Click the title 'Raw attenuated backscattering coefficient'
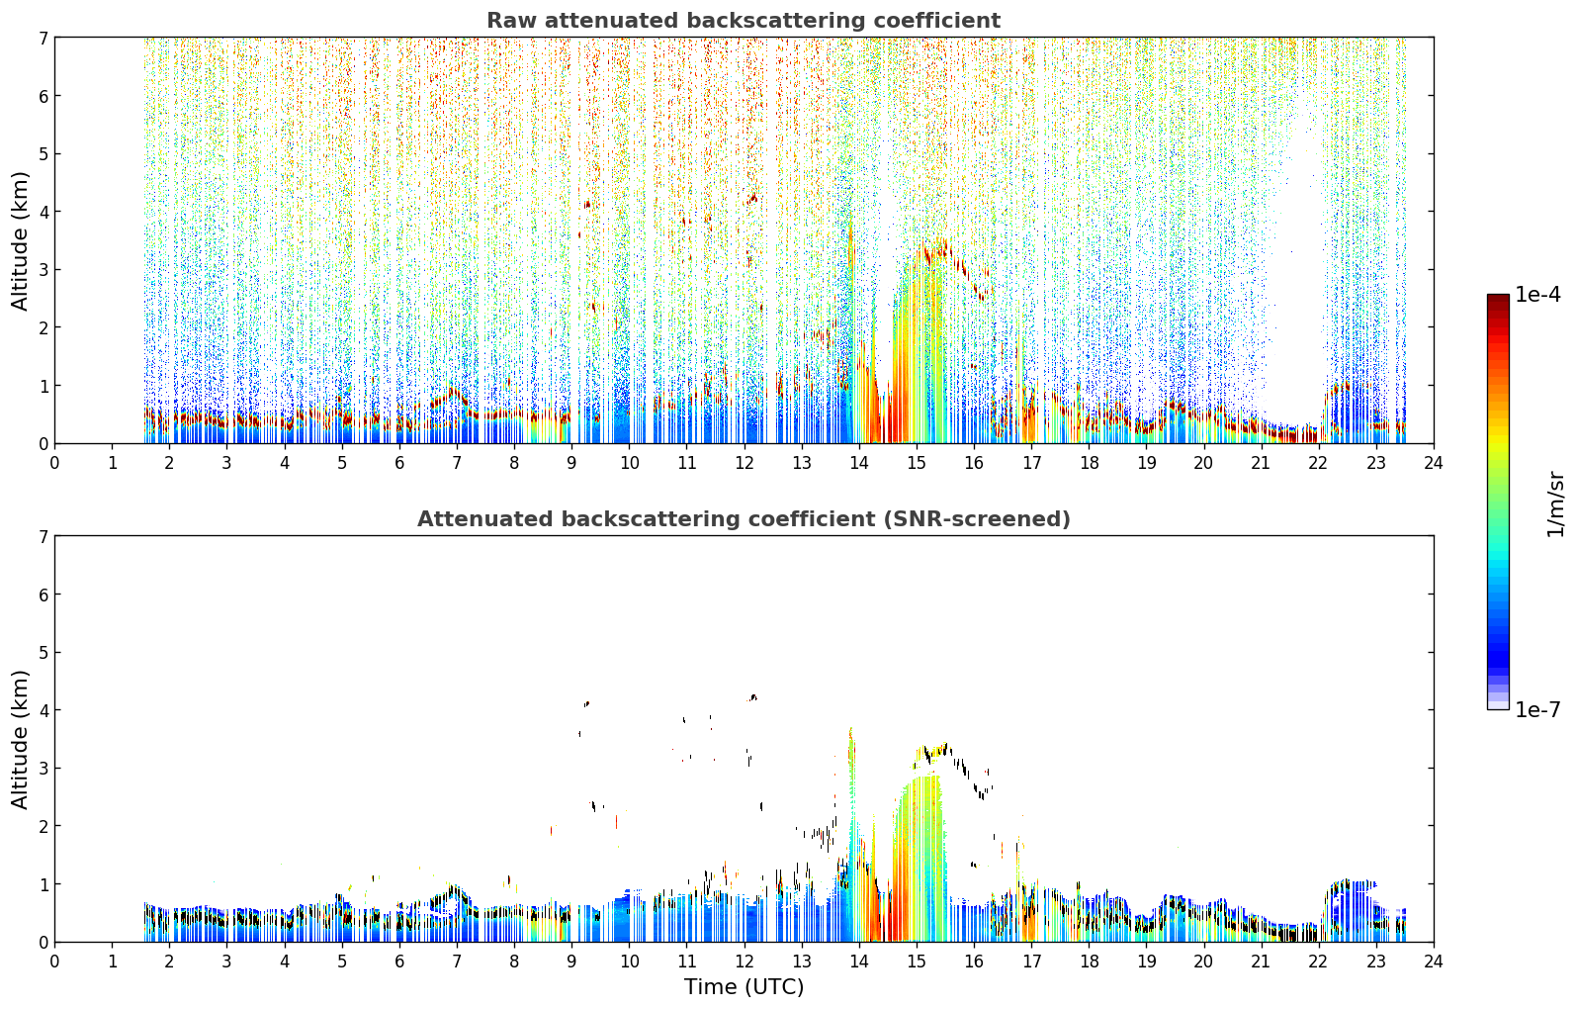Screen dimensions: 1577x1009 [x=744, y=21]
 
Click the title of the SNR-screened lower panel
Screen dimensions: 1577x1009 [x=744, y=518]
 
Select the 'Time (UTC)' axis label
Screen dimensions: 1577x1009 [x=744, y=986]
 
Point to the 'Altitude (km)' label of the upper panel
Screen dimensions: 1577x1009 [x=20, y=241]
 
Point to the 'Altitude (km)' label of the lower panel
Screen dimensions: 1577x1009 [x=20, y=739]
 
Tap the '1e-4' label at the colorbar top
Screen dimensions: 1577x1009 [x=1537, y=295]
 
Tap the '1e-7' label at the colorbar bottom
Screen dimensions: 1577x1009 [x=1537, y=709]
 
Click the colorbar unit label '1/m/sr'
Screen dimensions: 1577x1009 [x=1555, y=504]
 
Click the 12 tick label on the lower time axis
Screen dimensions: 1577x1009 [x=745, y=962]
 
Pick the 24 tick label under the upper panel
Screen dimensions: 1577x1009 [x=1434, y=463]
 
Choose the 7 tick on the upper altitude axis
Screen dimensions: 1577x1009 [x=44, y=38]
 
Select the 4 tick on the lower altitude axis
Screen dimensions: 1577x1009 [x=44, y=710]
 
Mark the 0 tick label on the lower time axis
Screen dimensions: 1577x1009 [x=55, y=962]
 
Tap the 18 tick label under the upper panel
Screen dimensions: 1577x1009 [x=1090, y=463]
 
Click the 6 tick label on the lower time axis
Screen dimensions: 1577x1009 [x=399, y=962]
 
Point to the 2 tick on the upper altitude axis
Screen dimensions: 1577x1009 [x=44, y=327]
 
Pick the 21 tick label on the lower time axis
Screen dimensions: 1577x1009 [x=1261, y=962]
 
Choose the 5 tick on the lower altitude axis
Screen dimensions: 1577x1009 [x=44, y=653]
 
